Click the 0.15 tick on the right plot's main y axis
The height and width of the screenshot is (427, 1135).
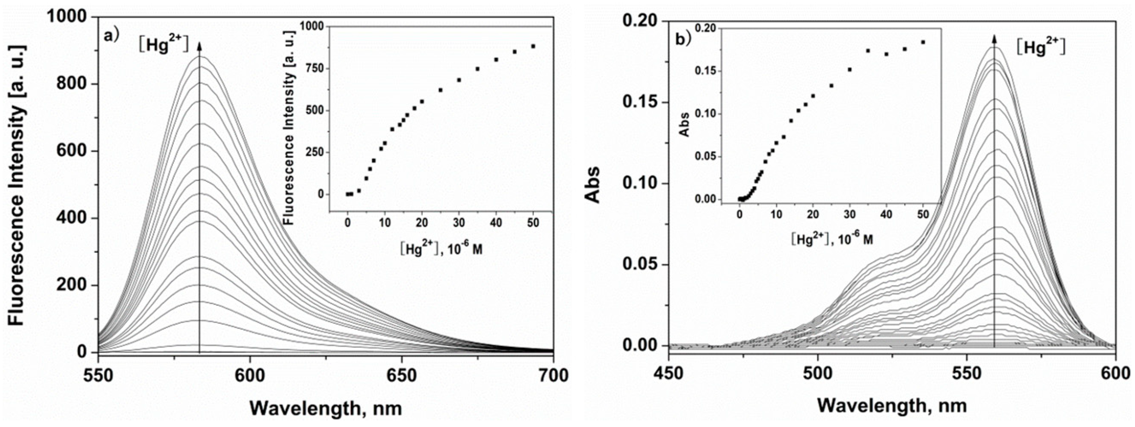pos(638,102)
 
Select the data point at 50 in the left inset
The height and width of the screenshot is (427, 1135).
pos(533,46)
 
